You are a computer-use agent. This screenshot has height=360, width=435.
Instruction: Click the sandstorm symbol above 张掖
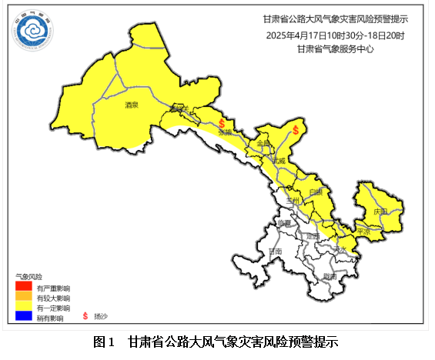tap(222, 122)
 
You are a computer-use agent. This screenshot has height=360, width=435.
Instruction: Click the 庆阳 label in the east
tap(380, 210)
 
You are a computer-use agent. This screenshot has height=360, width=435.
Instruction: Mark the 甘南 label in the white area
tap(275, 252)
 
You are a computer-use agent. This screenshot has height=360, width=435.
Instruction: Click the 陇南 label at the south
tap(329, 275)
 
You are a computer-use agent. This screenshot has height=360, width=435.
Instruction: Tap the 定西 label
tap(312, 235)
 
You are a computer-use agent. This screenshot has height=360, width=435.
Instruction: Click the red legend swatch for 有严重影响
tap(25, 288)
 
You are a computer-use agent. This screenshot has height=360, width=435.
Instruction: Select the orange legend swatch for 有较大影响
tap(25, 297)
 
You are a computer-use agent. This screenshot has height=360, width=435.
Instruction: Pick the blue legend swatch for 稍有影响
tap(25, 315)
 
